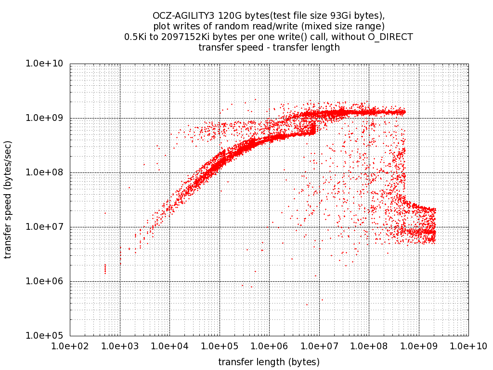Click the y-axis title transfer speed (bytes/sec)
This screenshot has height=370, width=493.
tap(8, 199)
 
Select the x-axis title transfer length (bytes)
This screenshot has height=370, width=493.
tap(269, 361)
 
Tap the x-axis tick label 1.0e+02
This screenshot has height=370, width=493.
tap(70, 346)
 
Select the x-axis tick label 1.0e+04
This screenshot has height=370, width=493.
tap(169, 346)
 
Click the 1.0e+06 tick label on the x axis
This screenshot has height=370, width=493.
tap(269, 346)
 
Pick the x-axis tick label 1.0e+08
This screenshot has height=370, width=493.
tap(369, 346)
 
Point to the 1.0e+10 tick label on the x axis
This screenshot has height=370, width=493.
tap(468, 346)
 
